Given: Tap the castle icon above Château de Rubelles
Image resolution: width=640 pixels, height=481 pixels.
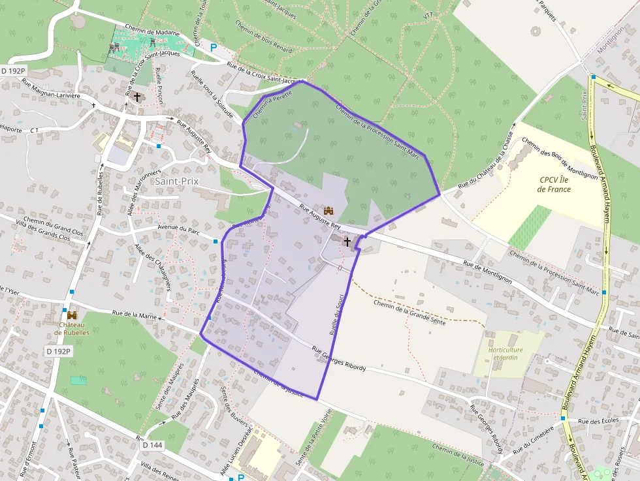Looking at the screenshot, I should (72, 315).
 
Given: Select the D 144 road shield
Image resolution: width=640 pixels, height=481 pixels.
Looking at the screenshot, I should (152, 445).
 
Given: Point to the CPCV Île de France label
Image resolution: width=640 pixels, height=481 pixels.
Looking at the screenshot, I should (554, 185).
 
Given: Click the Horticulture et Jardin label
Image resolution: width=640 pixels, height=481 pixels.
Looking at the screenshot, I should (505, 354).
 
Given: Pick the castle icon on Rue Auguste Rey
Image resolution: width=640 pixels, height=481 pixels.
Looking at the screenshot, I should (328, 210).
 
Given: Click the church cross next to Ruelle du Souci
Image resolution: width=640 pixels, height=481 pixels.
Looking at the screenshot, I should (347, 241).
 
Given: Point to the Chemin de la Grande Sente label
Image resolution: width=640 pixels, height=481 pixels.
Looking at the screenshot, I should (409, 307).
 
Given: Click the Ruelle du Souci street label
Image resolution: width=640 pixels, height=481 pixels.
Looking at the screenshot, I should (336, 314).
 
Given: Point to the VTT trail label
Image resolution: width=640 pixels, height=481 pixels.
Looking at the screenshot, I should (428, 15).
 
